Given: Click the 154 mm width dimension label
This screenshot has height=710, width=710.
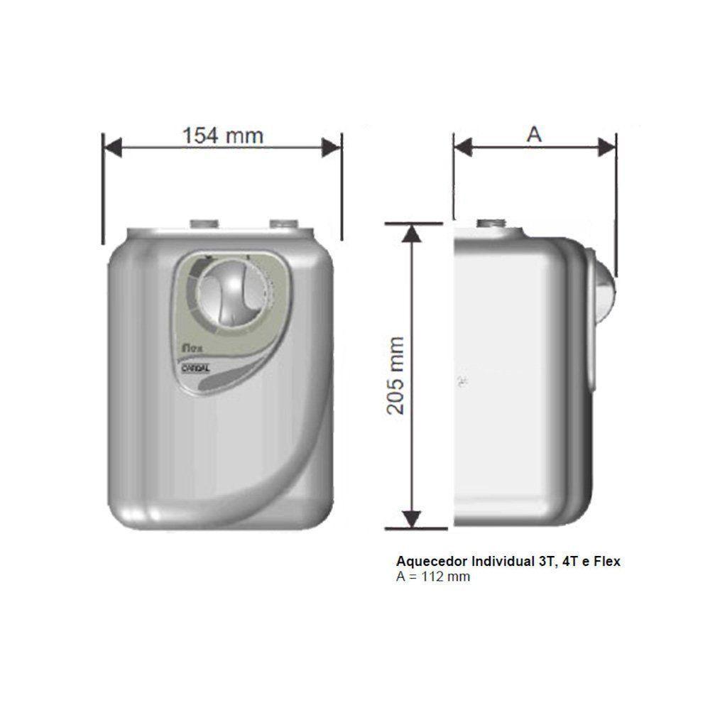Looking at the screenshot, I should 222,135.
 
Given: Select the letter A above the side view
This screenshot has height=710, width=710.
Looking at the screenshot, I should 534,135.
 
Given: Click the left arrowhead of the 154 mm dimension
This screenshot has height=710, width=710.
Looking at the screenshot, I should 114,148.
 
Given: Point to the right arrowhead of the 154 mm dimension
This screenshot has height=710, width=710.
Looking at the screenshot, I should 332,148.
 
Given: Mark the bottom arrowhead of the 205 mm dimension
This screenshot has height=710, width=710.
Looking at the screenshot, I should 410,518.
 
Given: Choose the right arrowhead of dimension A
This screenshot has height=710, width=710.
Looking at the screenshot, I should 607,148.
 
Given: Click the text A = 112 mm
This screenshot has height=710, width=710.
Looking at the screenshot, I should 433,577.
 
